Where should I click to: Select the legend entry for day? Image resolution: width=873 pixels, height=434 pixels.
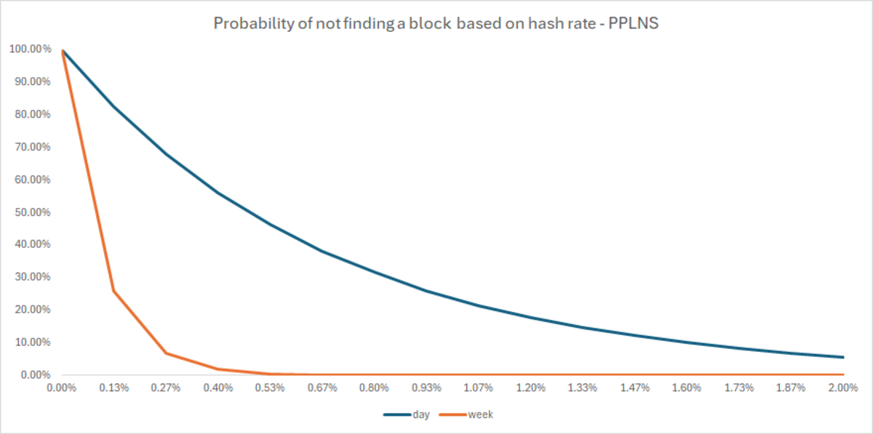[x=409, y=414]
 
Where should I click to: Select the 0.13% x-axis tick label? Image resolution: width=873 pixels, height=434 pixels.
[x=113, y=387]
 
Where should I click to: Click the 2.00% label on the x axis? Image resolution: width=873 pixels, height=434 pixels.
[x=843, y=387]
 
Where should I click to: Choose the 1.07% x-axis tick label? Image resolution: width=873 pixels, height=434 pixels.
[x=479, y=387]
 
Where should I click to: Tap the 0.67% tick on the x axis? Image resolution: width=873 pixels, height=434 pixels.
[x=322, y=387]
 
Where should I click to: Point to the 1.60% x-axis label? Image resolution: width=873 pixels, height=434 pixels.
[x=687, y=387]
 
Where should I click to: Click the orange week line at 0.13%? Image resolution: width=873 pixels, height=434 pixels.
[x=113, y=291]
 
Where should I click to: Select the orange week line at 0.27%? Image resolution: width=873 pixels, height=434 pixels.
[x=166, y=353]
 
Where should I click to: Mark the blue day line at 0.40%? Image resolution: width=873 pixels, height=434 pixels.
[x=218, y=193]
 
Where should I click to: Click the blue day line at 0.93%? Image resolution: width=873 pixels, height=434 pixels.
[x=426, y=291]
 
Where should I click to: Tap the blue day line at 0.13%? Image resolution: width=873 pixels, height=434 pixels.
[x=113, y=106]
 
